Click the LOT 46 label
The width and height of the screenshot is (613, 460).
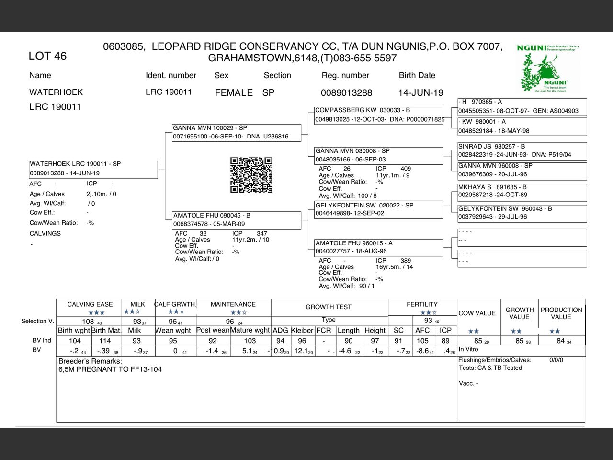coord(47,56)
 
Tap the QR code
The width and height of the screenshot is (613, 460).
coord(251,175)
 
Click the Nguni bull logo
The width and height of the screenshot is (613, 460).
coord(548,69)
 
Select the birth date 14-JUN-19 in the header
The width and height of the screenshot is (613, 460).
coord(420,92)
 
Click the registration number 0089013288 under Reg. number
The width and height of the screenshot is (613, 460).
coord(346,92)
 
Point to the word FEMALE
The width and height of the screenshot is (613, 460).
coord(234,92)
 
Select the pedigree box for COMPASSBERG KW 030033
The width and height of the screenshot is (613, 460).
coord(378,115)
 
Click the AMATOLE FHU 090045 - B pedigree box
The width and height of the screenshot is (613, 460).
coord(237,220)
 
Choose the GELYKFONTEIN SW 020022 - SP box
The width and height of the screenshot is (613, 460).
coord(378,209)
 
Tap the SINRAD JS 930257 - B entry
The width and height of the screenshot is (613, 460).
coord(522,150)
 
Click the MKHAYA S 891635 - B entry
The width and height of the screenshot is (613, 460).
coord(522,191)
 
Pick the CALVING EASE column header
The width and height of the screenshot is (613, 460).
coord(90,304)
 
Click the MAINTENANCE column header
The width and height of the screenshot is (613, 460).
coord(233,304)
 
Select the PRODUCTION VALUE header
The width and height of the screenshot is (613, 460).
coord(561,313)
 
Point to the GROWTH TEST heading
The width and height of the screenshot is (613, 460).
coord(329,307)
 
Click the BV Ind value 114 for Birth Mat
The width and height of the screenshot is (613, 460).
coord(105,341)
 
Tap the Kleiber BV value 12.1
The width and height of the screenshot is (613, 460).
coord(302,351)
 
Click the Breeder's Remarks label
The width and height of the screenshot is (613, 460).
coord(90,361)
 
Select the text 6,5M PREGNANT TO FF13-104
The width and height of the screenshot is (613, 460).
coord(110,369)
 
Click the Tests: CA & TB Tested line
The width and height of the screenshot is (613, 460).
coord(490,368)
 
